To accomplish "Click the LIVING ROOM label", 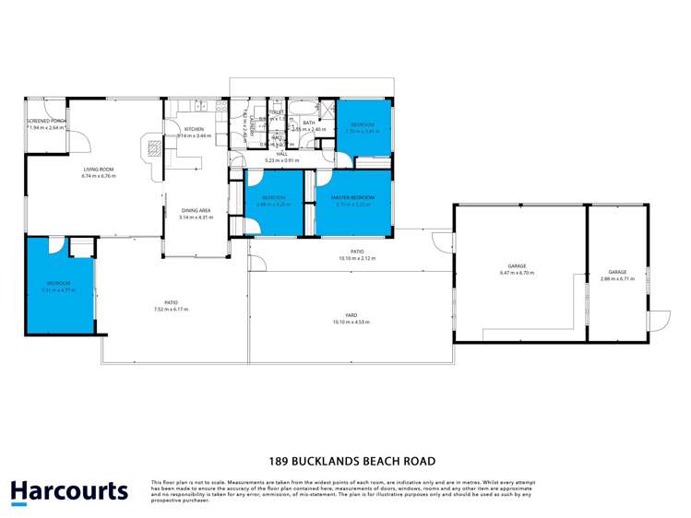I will [x=98, y=169].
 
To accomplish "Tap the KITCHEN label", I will [x=194, y=129].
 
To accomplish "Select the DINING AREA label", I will [x=196, y=211].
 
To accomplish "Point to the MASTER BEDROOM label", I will [x=353, y=198].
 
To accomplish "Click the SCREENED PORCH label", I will [x=46, y=121].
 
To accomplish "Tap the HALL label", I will [x=282, y=154].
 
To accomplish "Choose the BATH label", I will [x=309, y=123].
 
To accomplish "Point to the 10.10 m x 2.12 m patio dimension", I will [x=351, y=258].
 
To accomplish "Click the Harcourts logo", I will [x=70, y=491].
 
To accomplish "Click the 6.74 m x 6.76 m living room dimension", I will [x=98, y=175].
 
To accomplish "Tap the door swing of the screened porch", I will [x=81, y=142].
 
